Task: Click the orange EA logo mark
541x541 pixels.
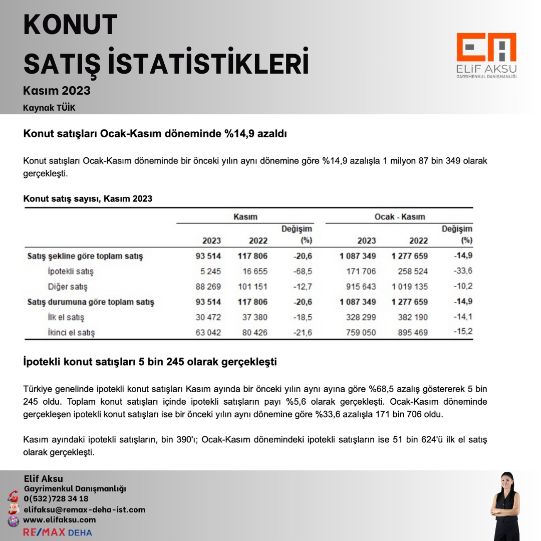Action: click(486, 48)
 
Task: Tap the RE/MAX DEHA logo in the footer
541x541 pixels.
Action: click(58, 532)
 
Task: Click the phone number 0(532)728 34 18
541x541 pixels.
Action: click(56, 498)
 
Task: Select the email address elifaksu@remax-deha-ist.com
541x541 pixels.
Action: click(85, 509)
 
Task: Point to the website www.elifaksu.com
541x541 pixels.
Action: click(60, 520)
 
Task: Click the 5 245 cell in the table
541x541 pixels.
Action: click(209, 272)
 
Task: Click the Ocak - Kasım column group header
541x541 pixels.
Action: click(400, 217)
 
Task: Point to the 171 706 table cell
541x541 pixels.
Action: click(361, 272)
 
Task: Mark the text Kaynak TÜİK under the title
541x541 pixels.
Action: click(49, 108)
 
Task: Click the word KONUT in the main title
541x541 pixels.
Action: click(70, 25)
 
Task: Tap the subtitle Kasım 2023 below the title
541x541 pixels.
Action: click(57, 91)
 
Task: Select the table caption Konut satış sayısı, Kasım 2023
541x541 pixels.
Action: click(88, 199)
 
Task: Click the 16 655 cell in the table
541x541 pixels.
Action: click(254, 272)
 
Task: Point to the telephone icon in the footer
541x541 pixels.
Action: click(13, 498)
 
